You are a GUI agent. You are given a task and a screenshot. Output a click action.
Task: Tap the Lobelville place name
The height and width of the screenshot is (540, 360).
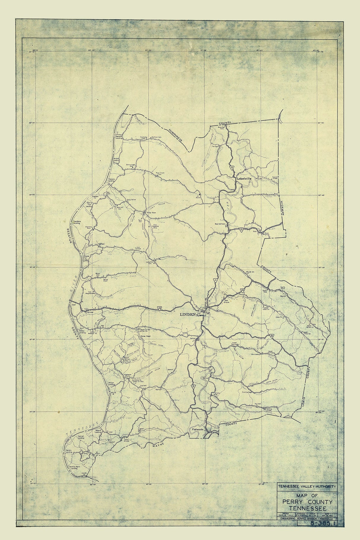tap(244, 179)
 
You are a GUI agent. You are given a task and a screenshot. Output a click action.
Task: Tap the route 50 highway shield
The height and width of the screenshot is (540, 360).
tap(242, 230)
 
